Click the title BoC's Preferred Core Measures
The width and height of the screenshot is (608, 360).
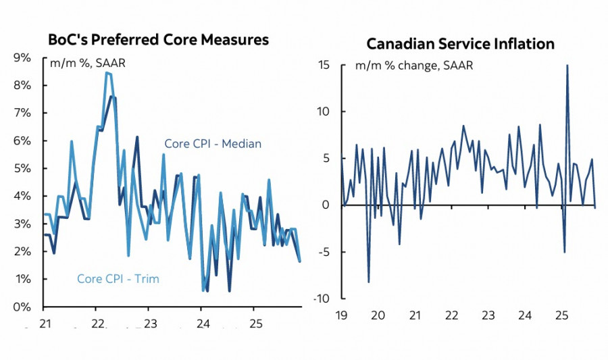(x=158, y=40)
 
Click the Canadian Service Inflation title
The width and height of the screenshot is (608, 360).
(x=460, y=45)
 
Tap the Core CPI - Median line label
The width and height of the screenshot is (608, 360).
(x=213, y=144)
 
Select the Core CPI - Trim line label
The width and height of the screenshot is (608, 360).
(x=118, y=278)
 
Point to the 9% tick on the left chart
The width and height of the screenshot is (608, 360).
(x=22, y=58)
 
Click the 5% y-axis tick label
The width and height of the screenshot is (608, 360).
(x=22, y=168)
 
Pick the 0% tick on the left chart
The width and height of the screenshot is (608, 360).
(x=22, y=307)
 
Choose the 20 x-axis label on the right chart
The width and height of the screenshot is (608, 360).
(x=378, y=315)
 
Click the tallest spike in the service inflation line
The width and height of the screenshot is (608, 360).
(x=567, y=66)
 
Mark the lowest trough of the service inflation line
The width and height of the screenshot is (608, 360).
(x=369, y=282)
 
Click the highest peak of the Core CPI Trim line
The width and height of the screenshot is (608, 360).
(x=107, y=73)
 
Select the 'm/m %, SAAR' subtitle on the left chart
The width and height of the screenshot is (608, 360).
(x=88, y=63)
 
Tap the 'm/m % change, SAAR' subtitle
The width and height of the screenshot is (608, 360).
(x=415, y=66)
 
